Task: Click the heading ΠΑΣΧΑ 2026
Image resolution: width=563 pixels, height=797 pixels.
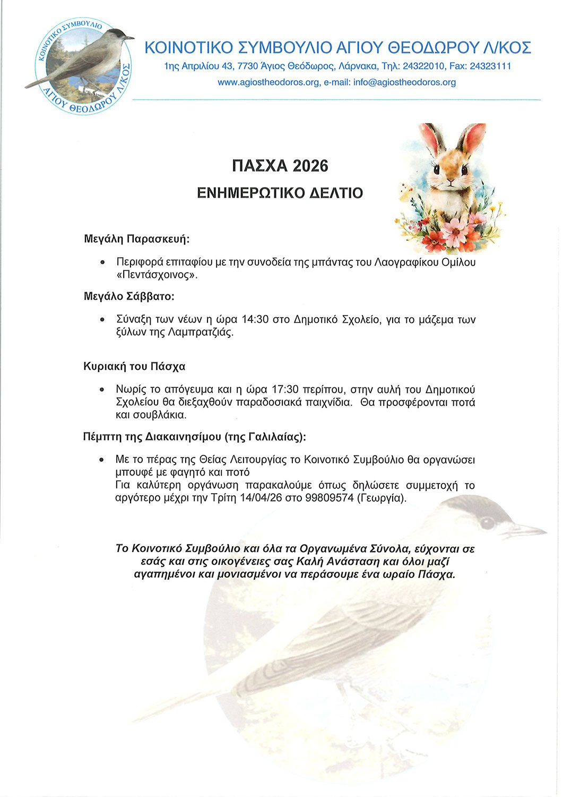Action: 280,166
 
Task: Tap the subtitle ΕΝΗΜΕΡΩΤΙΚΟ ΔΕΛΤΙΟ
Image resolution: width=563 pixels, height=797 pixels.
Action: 280,192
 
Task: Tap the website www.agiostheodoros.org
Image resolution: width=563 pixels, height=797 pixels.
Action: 268,82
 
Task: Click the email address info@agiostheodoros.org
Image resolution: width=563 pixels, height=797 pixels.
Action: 404,82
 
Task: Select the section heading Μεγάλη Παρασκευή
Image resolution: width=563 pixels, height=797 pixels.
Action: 136,239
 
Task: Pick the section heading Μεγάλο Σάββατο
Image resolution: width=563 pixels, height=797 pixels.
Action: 129,296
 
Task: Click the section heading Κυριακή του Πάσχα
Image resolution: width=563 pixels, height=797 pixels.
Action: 134,367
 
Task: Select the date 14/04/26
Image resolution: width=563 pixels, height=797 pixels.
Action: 261,498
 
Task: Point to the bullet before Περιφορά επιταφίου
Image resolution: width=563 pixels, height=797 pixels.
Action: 102,262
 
